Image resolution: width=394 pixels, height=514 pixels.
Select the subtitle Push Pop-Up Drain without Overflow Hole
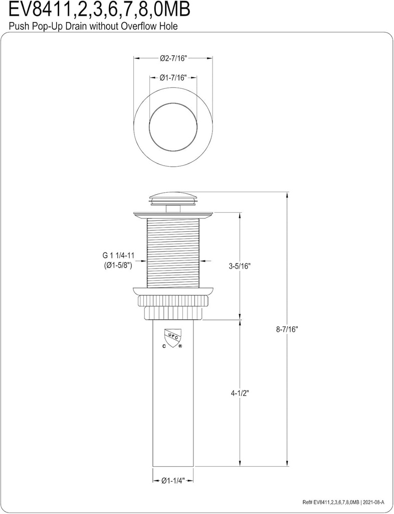coord(93,26)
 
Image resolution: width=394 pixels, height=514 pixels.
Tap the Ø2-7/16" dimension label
coord(173,58)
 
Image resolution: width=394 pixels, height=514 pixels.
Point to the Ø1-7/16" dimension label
coord(173,77)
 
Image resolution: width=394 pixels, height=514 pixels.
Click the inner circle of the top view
coord(173,123)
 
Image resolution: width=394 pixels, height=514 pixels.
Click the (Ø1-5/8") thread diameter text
coord(115,266)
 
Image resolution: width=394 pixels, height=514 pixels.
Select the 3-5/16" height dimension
coord(239,267)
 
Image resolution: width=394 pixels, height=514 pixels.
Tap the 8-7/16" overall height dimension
coord(287,329)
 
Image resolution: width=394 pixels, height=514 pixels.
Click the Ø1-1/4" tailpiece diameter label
coord(173,480)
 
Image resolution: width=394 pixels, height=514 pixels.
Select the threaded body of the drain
coord(173,251)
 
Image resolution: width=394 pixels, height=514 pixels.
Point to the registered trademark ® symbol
coord(180,346)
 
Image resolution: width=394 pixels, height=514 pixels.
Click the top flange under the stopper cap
coord(173,215)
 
